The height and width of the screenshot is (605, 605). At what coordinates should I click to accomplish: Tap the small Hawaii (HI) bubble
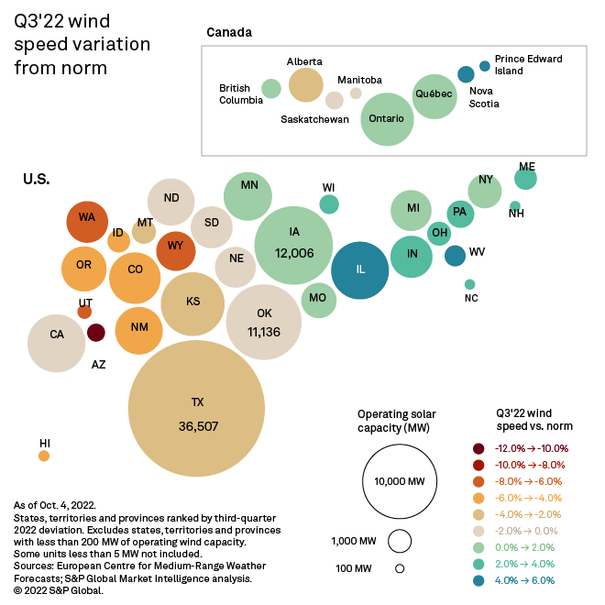[x=44, y=456]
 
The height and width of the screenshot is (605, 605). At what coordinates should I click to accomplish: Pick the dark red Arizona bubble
[x=95, y=333]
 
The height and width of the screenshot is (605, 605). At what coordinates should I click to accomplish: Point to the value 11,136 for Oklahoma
[x=264, y=332]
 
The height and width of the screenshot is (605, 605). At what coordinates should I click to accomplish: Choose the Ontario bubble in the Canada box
[x=387, y=120]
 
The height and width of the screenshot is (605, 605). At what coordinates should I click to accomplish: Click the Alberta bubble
[x=306, y=84]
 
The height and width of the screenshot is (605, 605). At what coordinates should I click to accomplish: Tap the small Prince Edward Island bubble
[x=484, y=66]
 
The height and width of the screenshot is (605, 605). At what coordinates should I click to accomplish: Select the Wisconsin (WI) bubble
[x=328, y=204]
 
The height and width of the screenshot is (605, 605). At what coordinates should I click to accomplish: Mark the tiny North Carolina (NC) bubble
[x=470, y=284]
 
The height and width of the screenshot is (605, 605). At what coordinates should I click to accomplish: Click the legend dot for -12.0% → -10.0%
[x=478, y=448]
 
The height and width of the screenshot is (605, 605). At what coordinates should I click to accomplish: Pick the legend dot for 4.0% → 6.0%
[x=478, y=580]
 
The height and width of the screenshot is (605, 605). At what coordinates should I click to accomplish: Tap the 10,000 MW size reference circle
[x=399, y=481]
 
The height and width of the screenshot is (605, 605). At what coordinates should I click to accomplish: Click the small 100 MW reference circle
[x=400, y=568]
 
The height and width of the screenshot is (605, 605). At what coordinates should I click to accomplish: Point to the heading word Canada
[x=229, y=33]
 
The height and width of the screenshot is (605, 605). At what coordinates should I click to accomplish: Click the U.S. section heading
[x=37, y=180]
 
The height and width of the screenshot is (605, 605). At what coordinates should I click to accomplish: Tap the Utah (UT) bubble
[x=84, y=312]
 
